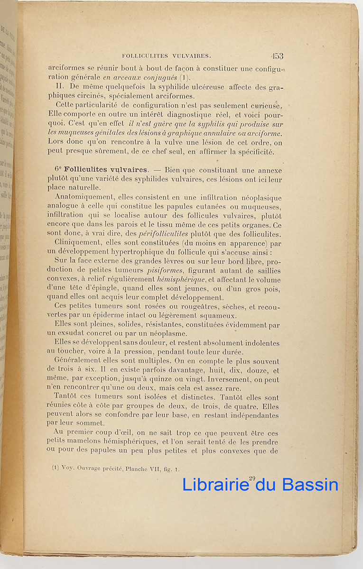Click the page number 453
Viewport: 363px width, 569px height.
pos(277,56)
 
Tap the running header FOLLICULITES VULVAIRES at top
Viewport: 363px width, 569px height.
pos(167,56)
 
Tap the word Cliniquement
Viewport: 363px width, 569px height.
pos(77,243)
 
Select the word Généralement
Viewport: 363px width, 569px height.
pos(79,361)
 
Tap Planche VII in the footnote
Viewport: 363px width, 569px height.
pos(154,469)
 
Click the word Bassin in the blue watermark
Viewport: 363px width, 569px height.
pos(310,485)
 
